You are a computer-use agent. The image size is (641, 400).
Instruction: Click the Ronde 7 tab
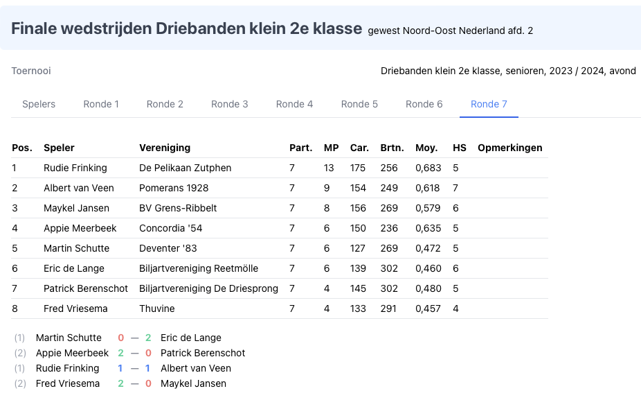click(x=489, y=104)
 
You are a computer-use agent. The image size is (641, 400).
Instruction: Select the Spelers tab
click(x=39, y=104)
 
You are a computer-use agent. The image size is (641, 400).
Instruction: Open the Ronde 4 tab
click(x=294, y=104)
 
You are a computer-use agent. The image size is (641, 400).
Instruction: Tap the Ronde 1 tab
click(x=101, y=104)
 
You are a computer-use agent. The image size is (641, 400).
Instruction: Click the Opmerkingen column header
click(x=509, y=148)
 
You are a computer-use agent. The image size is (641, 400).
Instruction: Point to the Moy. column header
click(x=426, y=148)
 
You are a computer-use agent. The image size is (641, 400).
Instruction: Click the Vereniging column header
click(x=165, y=148)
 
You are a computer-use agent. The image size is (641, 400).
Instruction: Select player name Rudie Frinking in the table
click(x=75, y=168)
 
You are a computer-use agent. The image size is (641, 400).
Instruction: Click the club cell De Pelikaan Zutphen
click(x=186, y=168)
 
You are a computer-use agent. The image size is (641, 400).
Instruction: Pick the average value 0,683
click(x=428, y=168)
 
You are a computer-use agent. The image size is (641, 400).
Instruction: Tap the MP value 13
click(x=329, y=168)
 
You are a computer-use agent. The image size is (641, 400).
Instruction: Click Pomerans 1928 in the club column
click(x=174, y=188)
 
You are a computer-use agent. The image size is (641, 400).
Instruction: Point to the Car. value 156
click(x=358, y=208)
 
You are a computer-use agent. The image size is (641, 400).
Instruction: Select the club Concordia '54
click(x=171, y=228)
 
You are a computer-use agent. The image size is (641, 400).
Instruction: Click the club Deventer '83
click(x=169, y=248)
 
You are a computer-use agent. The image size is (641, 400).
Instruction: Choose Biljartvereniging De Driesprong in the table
click(x=208, y=288)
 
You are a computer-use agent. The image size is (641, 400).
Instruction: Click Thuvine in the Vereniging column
click(x=157, y=308)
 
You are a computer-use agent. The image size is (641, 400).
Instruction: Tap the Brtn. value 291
click(x=388, y=308)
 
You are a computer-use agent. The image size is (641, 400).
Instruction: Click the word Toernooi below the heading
click(x=31, y=71)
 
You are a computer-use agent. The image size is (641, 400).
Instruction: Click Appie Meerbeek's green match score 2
click(x=120, y=353)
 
